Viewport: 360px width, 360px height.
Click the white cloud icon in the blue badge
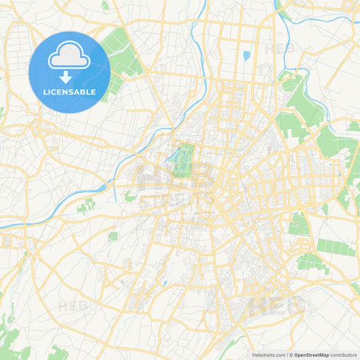point(70,57)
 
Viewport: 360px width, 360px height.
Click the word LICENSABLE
point(70,93)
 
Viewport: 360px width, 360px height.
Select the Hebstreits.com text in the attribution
point(268,355)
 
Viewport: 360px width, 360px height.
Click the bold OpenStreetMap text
point(312,355)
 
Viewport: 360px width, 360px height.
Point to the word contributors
point(344,355)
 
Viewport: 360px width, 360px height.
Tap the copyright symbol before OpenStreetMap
point(291,355)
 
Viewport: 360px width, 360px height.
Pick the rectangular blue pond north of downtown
point(247,55)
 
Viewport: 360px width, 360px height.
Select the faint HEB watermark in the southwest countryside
point(72,306)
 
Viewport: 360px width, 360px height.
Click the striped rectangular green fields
point(336,248)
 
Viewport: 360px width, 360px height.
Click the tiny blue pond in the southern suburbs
point(164,283)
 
